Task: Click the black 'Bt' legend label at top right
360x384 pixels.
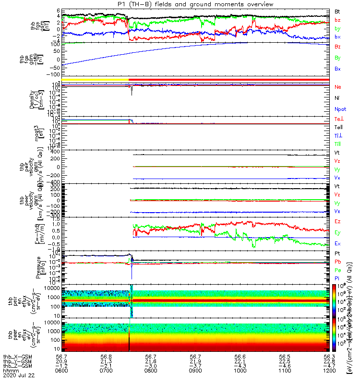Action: (337, 11)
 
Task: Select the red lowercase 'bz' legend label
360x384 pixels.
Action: (337, 20)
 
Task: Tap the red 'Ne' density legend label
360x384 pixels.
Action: (338, 87)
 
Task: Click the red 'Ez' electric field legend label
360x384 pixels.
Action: (337, 221)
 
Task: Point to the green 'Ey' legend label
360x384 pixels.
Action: (337, 232)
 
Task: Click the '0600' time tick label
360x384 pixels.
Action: (62, 372)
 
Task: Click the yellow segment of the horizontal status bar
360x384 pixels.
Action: (95, 79)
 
